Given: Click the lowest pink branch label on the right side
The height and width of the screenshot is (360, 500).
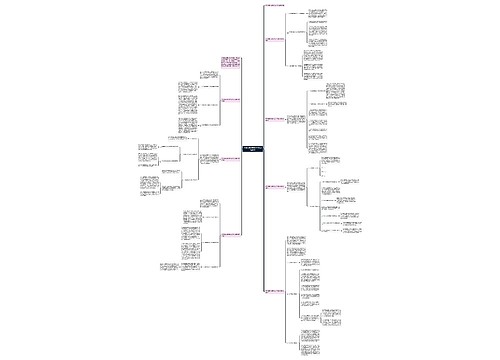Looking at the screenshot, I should pyautogui.click(x=276, y=290).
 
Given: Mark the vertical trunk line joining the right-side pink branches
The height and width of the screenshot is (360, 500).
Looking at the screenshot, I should pyautogui.click(x=263, y=150).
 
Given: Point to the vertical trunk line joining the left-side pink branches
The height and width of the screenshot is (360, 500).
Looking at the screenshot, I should pyautogui.click(x=236, y=150).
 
